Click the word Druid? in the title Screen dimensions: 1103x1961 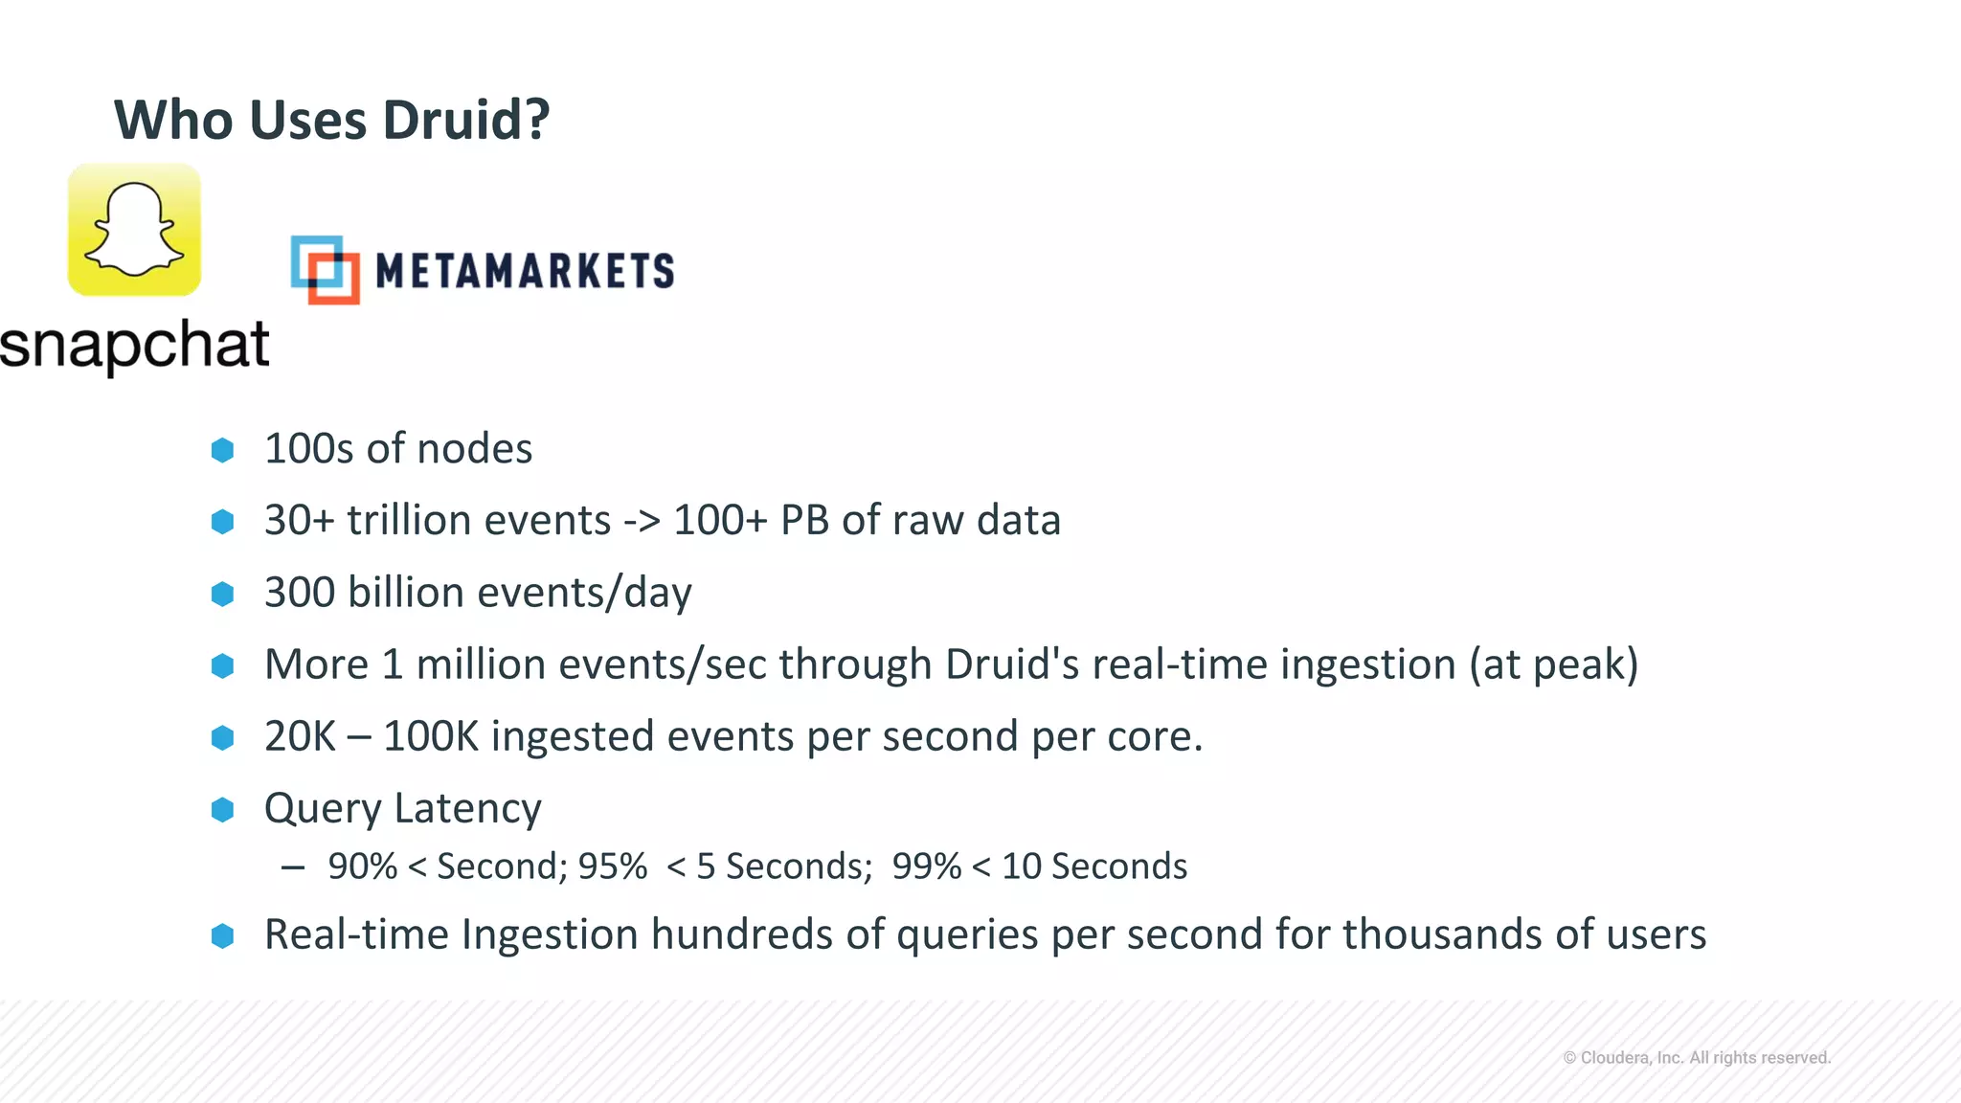pyautogui.click(x=466, y=121)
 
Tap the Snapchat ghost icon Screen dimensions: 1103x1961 pyautogui.click(x=134, y=230)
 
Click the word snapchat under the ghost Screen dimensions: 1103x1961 pyautogui.click(x=134, y=345)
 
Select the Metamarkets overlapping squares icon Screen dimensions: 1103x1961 pyautogui.click(x=325, y=270)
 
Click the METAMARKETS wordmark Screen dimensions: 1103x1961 pyautogui.click(x=525, y=271)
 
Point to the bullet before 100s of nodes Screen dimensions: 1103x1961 pyautogui.click(x=222, y=450)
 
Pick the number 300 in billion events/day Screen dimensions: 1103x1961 pyautogui.click(x=300, y=593)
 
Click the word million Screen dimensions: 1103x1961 pyautogui.click(x=481, y=664)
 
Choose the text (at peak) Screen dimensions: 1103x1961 pyautogui.click(x=1554, y=665)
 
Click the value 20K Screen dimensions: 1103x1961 pyautogui.click(x=300, y=737)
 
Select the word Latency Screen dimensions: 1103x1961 pyautogui.click(x=467, y=809)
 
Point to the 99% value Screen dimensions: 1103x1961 pyautogui.click(x=926, y=867)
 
